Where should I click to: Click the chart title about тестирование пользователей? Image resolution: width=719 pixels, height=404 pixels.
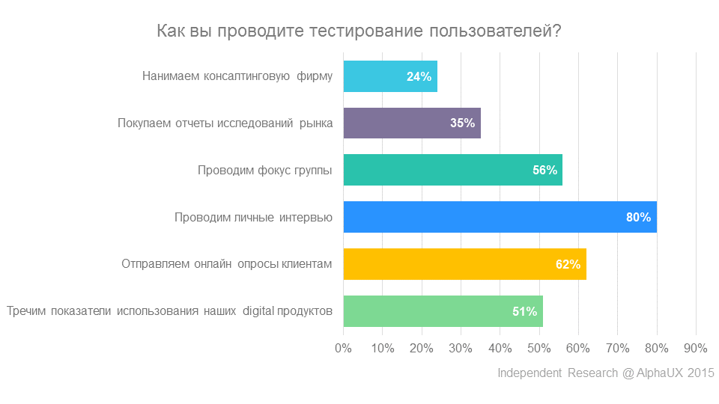(359, 31)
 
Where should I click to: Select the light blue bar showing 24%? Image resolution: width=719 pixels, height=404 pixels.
(389, 76)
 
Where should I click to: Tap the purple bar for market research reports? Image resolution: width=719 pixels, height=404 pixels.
(411, 123)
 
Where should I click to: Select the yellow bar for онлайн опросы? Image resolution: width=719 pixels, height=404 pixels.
(464, 264)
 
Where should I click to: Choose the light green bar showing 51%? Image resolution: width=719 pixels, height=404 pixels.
(443, 311)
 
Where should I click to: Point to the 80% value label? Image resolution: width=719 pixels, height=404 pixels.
(638, 218)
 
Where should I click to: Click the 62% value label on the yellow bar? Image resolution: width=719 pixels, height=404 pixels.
(568, 265)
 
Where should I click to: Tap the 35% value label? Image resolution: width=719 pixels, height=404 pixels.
(462, 123)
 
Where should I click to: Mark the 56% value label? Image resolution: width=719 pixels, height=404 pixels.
(544, 171)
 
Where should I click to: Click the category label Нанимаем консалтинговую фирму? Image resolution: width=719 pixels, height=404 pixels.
(237, 76)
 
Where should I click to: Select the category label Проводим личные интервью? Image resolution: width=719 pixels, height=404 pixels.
(253, 218)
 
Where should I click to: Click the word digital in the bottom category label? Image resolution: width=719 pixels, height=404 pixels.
(259, 311)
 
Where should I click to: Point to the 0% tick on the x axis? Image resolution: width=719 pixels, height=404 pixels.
(343, 348)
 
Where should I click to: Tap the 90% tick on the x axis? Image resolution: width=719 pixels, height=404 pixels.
(696, 348)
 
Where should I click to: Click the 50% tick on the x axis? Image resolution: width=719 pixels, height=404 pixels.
(539, 348)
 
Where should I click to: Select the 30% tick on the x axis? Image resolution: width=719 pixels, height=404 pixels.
(461, 348)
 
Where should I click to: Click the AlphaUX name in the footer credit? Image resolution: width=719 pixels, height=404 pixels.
(661, 373)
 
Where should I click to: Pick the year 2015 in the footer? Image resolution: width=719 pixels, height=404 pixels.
(701, 373)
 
